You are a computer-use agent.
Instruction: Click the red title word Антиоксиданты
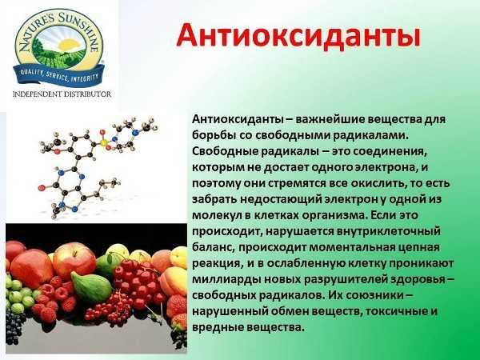pos(298,36)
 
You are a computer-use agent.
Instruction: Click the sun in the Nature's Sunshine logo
pos(69,45)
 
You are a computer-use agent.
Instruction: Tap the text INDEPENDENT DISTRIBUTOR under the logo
pos(62,94)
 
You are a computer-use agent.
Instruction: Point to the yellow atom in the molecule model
pos(104,142)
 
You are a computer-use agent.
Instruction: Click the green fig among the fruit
pos(91,287)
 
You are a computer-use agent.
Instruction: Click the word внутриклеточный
pos(389,232)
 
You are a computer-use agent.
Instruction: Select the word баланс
pos(213,247)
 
